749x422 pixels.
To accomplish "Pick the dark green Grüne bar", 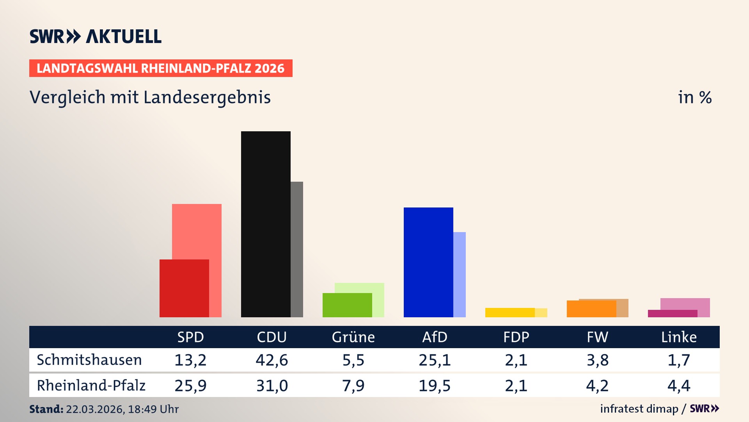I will [x=347, y=305].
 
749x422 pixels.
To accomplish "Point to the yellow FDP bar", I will [x=510, y=312].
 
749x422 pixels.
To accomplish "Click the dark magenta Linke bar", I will [x=673, y=313].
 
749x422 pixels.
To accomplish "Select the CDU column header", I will [x=272, y=337].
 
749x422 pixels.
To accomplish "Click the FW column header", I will [x=597, y=337].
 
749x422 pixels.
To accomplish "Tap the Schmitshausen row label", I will [x=89, y=360].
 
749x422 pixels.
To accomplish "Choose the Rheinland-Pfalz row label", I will [x=91, y=385].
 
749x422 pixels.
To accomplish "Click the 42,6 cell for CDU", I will [x=272, y=360].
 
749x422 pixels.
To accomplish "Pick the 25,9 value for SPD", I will [x=190, y=386].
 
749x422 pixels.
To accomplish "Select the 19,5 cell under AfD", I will [x=435, y=386].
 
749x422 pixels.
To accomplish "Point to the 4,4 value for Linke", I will [x=679, y=386].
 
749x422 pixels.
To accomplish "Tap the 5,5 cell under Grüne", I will [x=353, y=360].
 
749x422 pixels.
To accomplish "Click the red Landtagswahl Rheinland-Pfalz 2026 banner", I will [x=161, y=68].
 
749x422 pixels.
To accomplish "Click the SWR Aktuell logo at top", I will [x=96, y=36].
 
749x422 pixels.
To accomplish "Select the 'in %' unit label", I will [x=695, y=97].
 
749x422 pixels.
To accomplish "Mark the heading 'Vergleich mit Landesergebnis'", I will [x=150, y=97].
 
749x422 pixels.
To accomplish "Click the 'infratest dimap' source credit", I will [x=639, y=409].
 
